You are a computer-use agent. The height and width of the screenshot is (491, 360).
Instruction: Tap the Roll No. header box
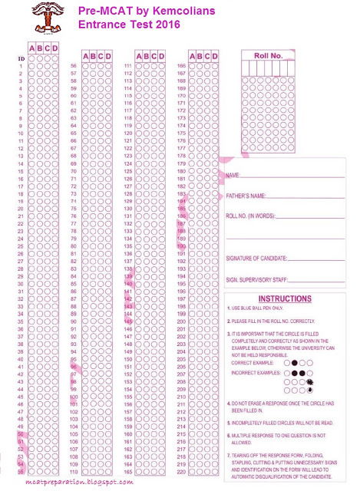click(268, 55)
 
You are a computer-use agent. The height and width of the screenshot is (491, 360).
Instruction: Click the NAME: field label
click(233, 176)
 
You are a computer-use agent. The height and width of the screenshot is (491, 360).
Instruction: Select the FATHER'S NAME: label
click(246, 196)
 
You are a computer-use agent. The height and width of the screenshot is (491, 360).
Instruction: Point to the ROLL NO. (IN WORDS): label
click(250, 217)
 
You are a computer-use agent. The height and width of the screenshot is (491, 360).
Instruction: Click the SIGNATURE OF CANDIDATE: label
click(257, 259)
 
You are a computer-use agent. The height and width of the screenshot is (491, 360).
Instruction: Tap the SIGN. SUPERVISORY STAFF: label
click(258, 280)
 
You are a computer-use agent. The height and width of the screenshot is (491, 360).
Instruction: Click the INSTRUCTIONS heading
click(284, 298)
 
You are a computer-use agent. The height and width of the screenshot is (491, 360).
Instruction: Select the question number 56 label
click(73, 67)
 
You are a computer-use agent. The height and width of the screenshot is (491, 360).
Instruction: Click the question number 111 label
click(127, 67)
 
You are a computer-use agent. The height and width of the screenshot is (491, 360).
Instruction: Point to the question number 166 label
click(181, 67)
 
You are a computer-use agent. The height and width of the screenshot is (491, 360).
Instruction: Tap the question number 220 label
click(181, 464)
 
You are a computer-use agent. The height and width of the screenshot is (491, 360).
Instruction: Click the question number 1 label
click(20, 67)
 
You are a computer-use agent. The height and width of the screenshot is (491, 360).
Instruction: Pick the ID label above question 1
click(20, 59)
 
